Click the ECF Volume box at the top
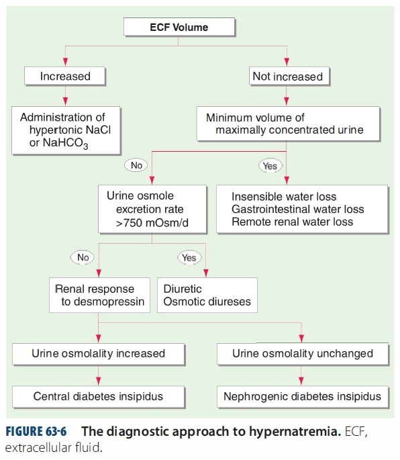pos(179,27)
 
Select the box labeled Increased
pos(65,77)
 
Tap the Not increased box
pos(289,77)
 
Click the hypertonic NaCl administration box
pos(66,130)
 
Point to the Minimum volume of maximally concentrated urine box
pos(289,124)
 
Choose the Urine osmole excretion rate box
pos(152,209)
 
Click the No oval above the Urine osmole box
pos(136,165)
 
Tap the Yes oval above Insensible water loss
pos(270,166)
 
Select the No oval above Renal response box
pos(83,257)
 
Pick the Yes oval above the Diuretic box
pos(189,258)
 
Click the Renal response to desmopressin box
pos(100,295)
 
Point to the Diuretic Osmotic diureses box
pos(207,295)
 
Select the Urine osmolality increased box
pos(99,354)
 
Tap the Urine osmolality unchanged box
pos(303,354)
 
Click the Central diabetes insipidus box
pos(99,397)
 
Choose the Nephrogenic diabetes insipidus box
pos(303,397)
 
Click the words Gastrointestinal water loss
pos(298,209)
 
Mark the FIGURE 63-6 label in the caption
pos(36,432)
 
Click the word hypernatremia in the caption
pos(295,432)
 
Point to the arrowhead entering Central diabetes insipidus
pos(99,381)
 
